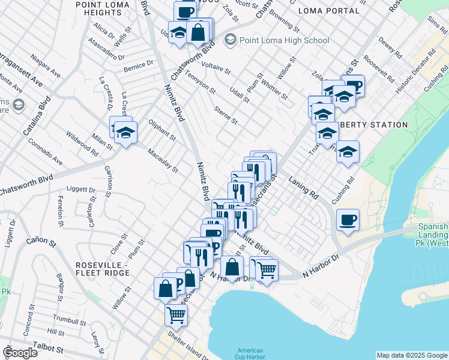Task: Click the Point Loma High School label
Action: (x=285, y=40)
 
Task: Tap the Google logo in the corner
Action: (x=20, y=353)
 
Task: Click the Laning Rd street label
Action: (x=303, y=186)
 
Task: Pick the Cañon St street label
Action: (x=41, y=241)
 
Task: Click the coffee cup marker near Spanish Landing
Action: (x=348, y=220)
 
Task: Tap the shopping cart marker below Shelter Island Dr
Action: (x=176, y=314)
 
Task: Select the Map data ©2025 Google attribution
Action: (x=412, y=355)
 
